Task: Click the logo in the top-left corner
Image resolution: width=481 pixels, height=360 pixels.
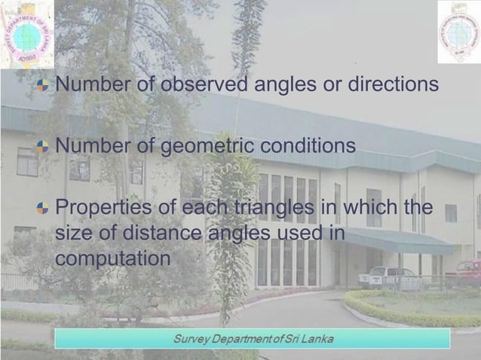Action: pyautogui.click(x=27, y=34)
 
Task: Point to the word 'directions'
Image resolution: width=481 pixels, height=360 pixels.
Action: pyautogui.click(x=392, y=84)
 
